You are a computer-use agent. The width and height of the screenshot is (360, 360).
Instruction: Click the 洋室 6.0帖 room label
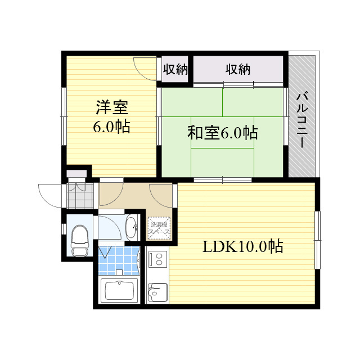click(x=112, y=116)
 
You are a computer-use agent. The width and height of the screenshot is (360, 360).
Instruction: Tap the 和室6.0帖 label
click(x=223, y=133)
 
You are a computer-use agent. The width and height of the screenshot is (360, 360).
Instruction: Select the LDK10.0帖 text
click(x=243, y=246)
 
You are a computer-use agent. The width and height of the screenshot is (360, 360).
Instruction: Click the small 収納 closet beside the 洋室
click(x=175, y=69)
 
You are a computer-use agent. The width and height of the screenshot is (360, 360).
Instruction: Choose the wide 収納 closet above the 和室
click(x=238, y=69)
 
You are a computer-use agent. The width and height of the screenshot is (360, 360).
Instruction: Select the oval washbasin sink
click(x=132, y=228)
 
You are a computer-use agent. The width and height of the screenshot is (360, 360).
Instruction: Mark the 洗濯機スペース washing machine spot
click(x=159, y=228)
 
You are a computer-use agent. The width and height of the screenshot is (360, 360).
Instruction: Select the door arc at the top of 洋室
click(x=146, y=69)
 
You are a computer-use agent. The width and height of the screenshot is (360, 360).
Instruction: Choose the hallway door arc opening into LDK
click(x=161, y=195)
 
